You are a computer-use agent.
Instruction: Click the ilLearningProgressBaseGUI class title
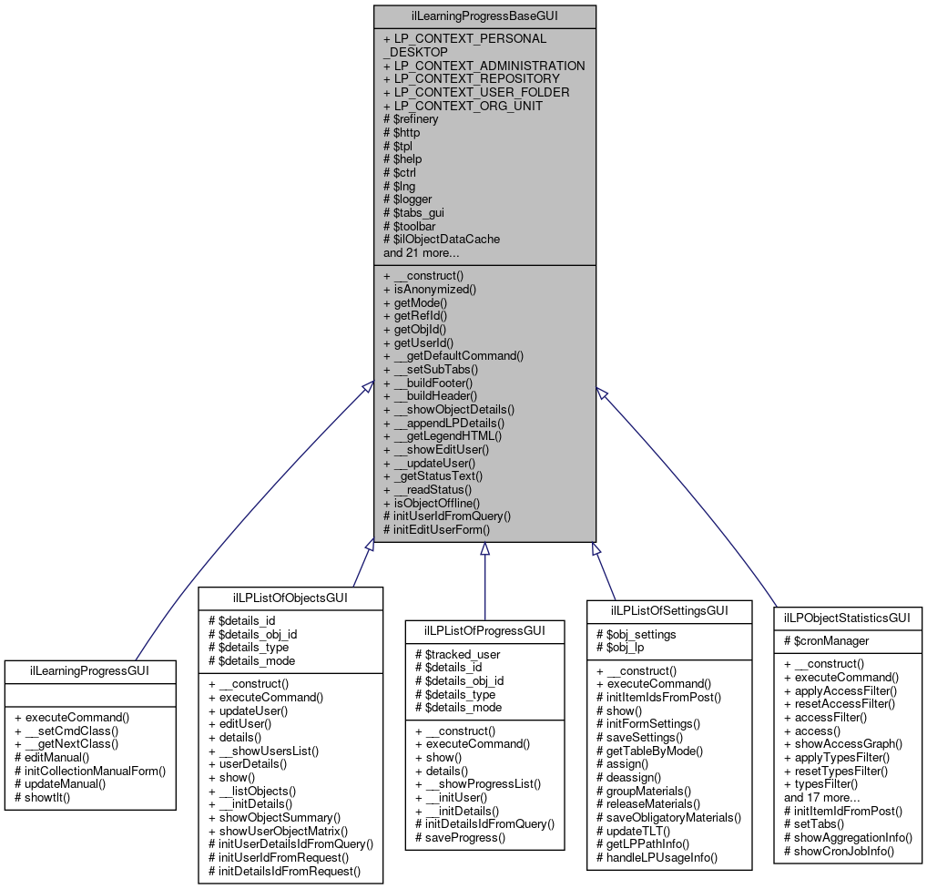click(x=484, y=16)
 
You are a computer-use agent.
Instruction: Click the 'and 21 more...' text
click(x=421, y=252)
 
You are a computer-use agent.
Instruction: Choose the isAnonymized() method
click(x=430, y=289)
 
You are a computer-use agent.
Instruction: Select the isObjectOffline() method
click(x=432, y=502)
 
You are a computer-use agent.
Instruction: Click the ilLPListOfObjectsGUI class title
click(x=290, y=598)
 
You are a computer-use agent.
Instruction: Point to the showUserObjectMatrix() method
click(x=283, y=830)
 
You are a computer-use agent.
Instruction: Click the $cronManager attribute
click(x=826, y=640)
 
